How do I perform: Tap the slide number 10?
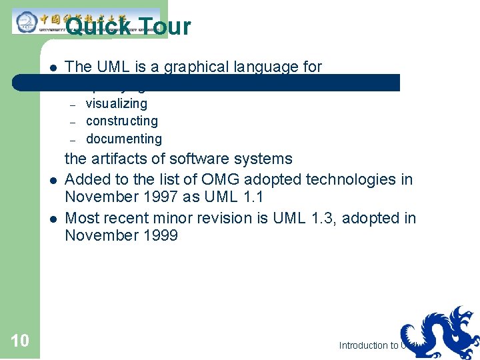click(x=20, y=341)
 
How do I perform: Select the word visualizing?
click(x=117, y=103)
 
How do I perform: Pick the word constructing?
click(x=122, y=121)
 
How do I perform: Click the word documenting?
click(x=124, y=139)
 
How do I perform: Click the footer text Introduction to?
click(x=368, y=345)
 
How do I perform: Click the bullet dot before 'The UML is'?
click(x=51, y=67)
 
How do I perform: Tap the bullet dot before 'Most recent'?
click(x=51, y=218)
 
